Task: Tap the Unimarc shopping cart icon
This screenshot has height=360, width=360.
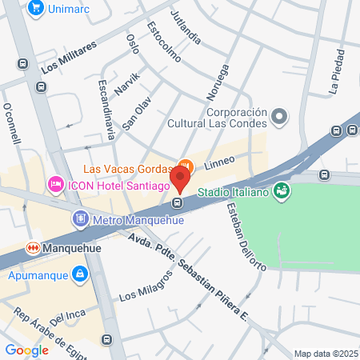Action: (34, 8)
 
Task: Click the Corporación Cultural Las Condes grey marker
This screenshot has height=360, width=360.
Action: (279, 117)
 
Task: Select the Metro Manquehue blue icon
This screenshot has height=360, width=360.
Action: (80, 218)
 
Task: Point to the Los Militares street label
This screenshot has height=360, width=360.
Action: (69, 57)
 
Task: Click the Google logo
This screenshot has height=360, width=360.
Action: (26, 350)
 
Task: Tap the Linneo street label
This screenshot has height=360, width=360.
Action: (219, 161)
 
